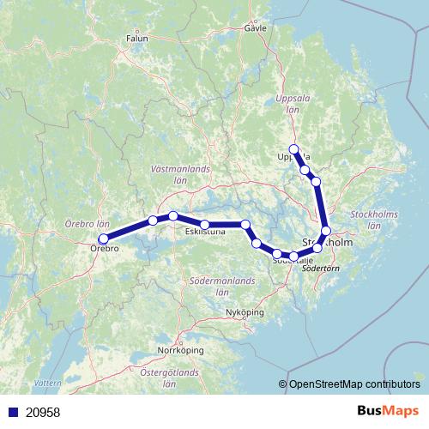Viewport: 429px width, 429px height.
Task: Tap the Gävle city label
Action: click(256, 27)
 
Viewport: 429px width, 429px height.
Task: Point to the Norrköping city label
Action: click(179, 351)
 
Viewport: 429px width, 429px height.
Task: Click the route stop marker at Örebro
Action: click(104, 239)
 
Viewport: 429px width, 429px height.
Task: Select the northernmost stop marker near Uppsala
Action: click(294, 148)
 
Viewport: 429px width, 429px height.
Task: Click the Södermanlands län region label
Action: click(226, 286)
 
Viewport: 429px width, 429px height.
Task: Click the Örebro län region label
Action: click(88, 223)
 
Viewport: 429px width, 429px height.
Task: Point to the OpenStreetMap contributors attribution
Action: click(353, 384)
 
